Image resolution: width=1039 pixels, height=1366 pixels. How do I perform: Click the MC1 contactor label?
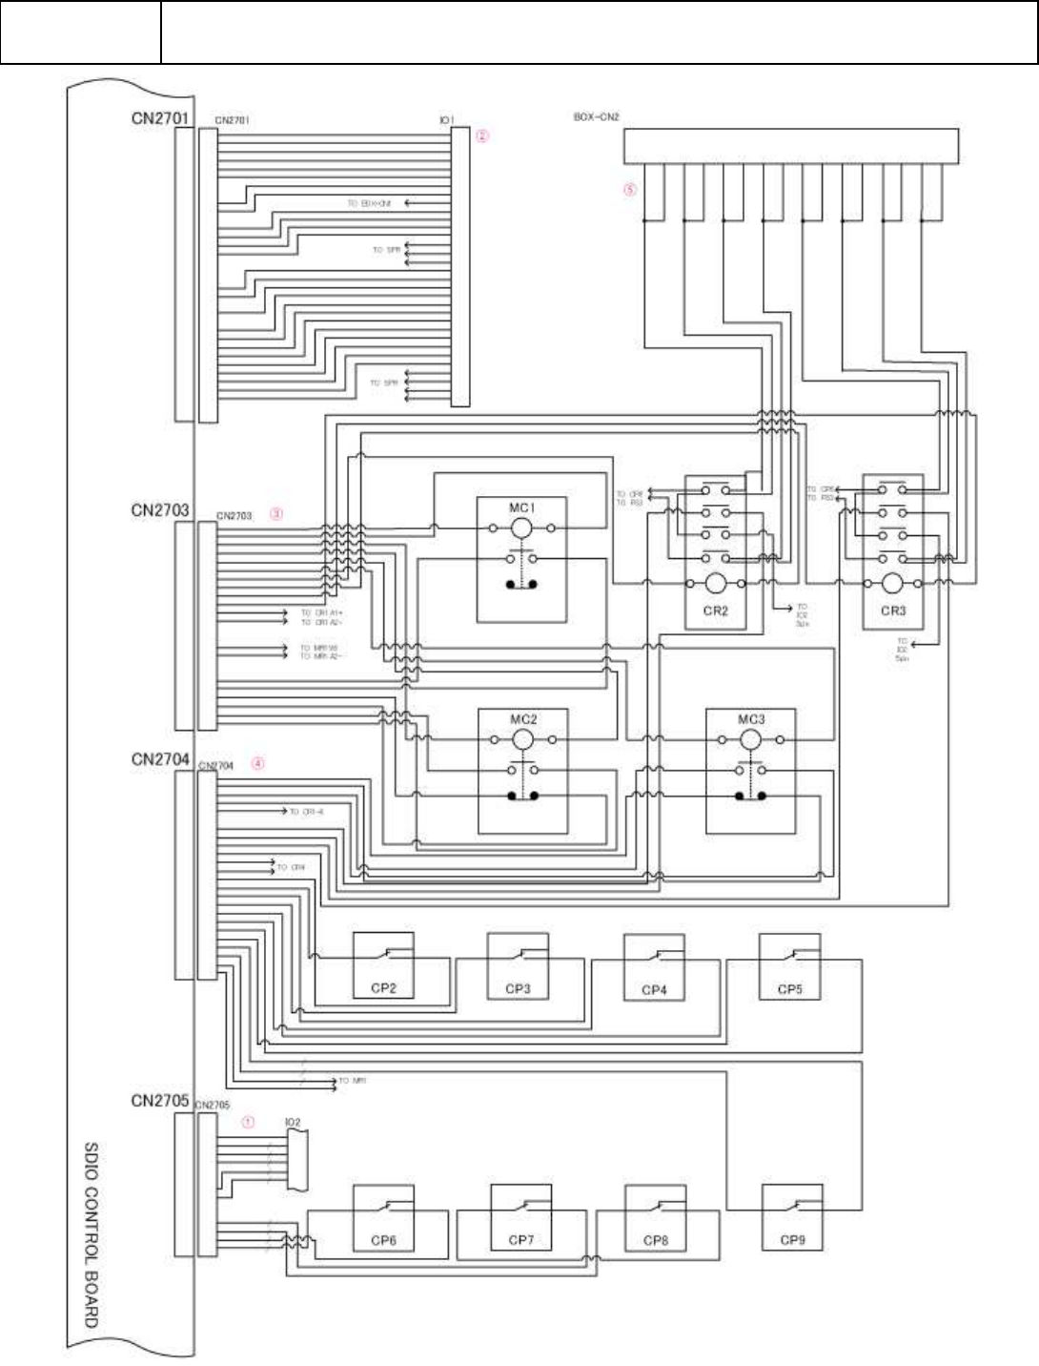(521, 507)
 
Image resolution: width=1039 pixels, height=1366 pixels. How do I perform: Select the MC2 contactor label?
(523, 719)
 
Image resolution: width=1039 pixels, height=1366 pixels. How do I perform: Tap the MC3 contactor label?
(751, 719)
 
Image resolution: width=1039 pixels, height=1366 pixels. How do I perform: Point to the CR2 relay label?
(716, 611)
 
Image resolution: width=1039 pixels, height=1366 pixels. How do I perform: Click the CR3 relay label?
(893, 611)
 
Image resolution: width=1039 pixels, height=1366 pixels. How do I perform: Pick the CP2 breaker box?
(383, 965)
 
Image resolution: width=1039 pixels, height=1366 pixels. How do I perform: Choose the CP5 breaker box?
(789, 965)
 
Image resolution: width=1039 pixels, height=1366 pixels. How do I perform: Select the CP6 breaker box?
(383, 1217)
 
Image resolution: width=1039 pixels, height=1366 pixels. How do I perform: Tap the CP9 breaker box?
(792, 1217)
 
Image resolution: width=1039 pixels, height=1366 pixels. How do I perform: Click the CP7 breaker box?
(521, 1217)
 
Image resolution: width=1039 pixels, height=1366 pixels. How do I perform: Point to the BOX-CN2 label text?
(597, 117)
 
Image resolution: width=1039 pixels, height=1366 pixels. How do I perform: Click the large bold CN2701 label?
(160, 119)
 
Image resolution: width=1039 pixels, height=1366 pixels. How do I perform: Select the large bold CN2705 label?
(160, 1101)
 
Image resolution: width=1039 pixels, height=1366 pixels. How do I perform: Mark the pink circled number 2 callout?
(482, 136)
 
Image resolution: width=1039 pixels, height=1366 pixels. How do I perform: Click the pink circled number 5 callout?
(629, 189)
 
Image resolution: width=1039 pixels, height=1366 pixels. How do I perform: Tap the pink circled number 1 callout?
(248, 1122)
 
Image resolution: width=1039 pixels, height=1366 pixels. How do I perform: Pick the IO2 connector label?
(293, 1123)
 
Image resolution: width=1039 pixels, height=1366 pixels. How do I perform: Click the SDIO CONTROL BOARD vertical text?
(92, 1234)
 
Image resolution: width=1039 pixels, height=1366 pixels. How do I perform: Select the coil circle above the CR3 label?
(892, 583)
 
